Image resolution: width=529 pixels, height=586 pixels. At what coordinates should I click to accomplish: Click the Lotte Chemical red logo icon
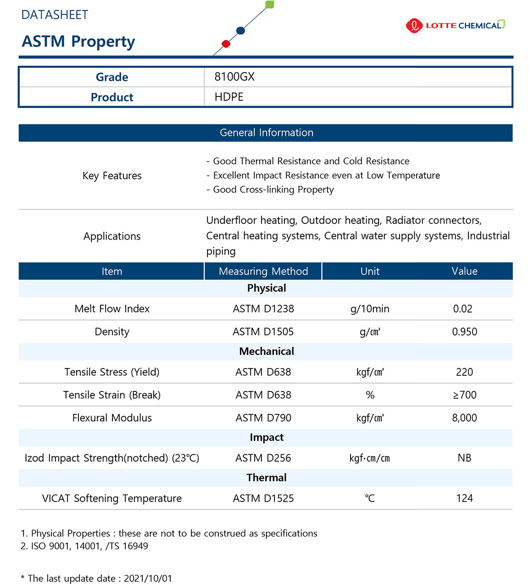coord(414,26)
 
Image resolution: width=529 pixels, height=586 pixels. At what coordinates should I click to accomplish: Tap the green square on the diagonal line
coord(270,5)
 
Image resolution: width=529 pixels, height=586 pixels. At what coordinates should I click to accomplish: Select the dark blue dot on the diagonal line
coord(240,31)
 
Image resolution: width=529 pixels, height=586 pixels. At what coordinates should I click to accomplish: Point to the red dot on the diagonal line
coord(226,44)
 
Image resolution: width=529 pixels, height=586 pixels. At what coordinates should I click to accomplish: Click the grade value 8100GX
coord(234,77)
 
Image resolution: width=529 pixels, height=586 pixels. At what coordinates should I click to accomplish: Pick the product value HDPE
coord(229,97)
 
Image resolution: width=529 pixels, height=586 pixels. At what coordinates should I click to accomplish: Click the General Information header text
coord(266,133)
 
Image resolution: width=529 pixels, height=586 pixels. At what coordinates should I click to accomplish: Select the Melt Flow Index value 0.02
coord(462,309)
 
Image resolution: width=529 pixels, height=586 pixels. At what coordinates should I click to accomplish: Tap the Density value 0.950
coord(464,332)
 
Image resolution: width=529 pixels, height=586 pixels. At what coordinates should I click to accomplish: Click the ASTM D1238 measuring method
coord(263,309)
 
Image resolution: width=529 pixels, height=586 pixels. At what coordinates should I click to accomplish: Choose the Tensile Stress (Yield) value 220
coord(464,372)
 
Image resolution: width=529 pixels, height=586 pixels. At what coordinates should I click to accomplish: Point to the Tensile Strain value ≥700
coord(464,395)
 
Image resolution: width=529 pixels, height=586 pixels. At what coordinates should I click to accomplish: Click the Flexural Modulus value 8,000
coord(464,418)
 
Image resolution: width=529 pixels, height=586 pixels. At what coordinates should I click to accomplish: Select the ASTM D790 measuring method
coord(263,418)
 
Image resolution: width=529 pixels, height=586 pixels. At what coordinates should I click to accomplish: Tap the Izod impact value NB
coord(464,458)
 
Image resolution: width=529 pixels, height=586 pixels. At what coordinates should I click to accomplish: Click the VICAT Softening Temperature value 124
coord(464,498)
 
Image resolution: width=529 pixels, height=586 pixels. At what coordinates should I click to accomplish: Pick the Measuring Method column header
coord(263,271)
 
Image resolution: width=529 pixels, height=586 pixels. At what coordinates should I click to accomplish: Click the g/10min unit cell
coord(370,309)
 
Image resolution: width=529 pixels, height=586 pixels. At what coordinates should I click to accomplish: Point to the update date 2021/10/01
coord(148,578)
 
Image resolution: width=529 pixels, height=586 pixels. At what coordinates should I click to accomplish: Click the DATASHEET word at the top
coord(55,15)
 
